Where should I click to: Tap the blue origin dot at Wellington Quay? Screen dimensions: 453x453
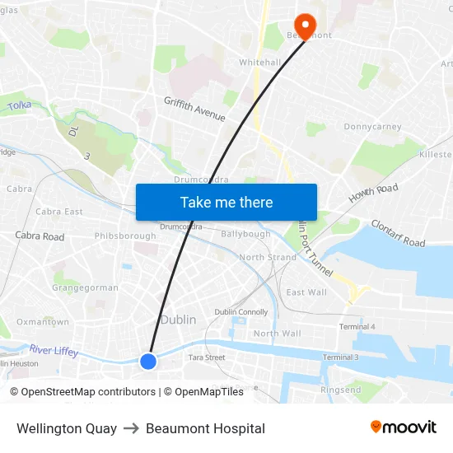pos(148,361)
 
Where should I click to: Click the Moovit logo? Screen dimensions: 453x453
pos(403,427)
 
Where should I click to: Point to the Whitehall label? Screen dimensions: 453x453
pos(260,63)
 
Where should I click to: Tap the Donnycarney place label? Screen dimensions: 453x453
pos(372,128)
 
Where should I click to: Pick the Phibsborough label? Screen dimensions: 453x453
pos(125,236)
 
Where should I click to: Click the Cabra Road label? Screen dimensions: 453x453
pos(40,236)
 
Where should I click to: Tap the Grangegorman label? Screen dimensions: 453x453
pos(86,288)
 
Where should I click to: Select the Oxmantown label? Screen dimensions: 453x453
pos(43,322)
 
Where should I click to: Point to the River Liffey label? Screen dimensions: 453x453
pos(54,351)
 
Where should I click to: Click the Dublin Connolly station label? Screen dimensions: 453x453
pos(241,312)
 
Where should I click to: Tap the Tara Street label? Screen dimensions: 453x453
pos(207,357)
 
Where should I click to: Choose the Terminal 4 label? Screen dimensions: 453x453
pos(357,327)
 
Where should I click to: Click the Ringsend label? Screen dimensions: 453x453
pos(340,390)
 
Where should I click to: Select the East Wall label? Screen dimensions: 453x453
pos(306,292)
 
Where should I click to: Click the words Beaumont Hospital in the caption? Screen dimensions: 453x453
pos(205,428)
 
